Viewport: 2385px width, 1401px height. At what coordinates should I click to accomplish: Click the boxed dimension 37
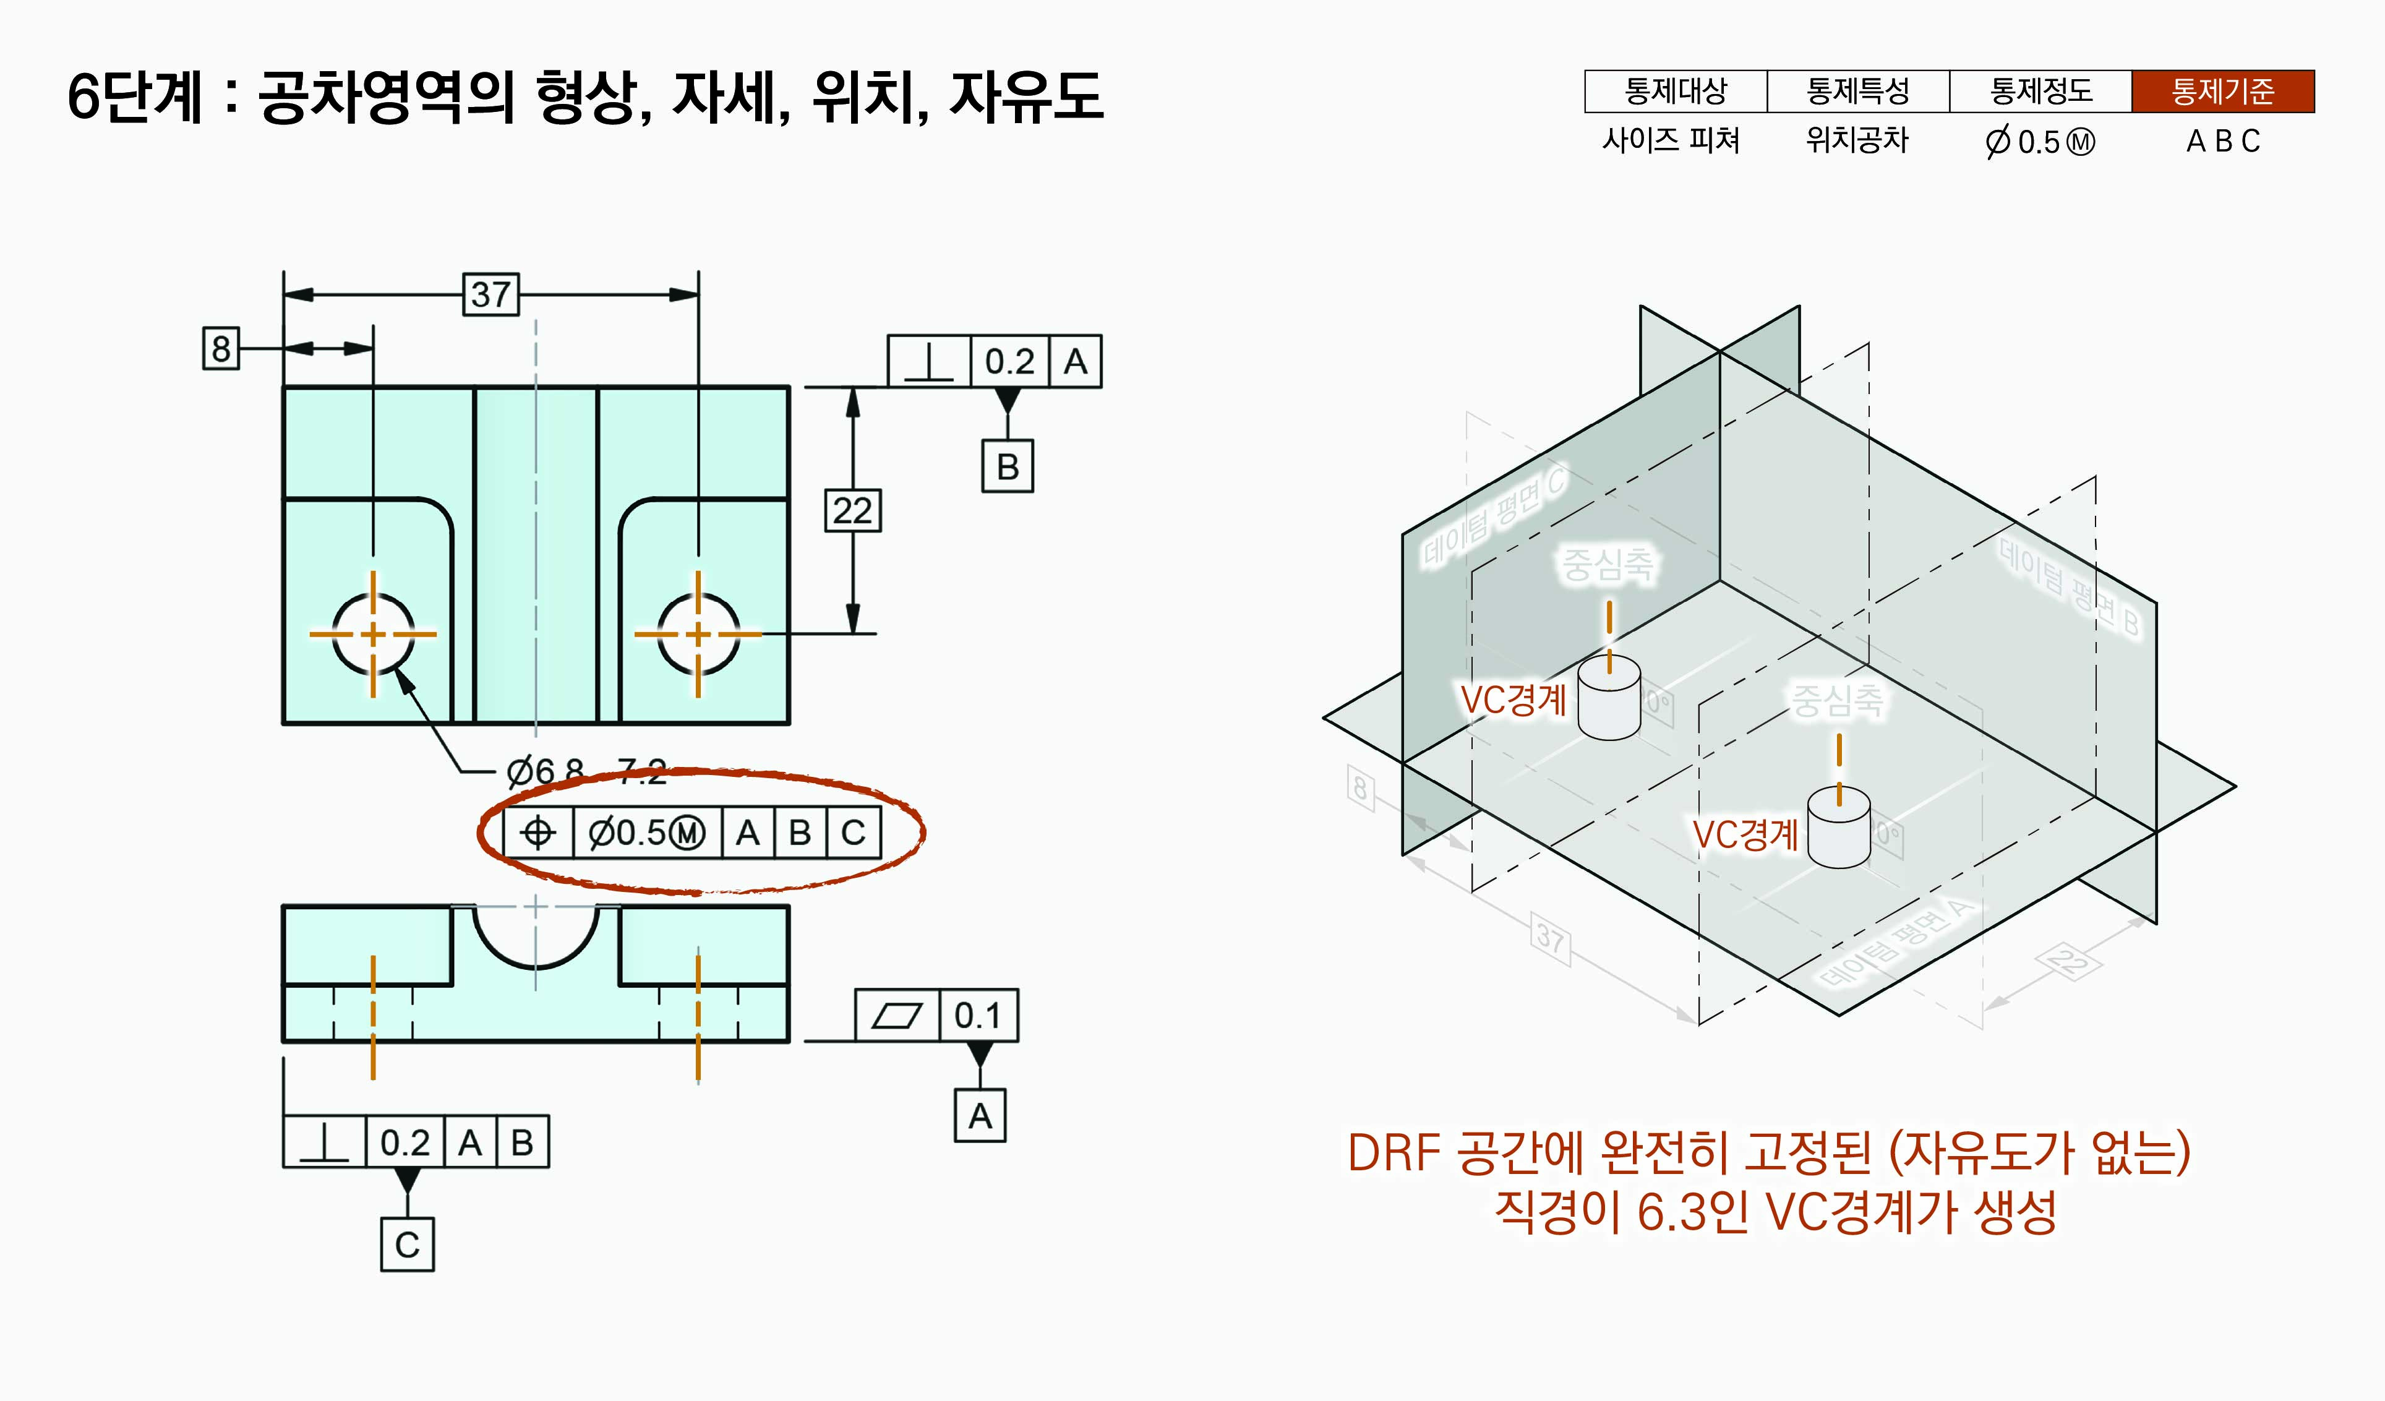(x=490, y=294)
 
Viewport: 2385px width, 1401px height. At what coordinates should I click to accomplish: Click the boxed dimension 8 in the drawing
(x=221, y=348)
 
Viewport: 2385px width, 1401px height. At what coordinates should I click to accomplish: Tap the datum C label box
(x=407, y=1244)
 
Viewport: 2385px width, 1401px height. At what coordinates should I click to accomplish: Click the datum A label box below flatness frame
(x=980, y=1116)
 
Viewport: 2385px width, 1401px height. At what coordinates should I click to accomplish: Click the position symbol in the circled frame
(x=537, y=833)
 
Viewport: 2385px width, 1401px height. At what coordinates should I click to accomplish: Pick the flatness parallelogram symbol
(x=896, y=1016)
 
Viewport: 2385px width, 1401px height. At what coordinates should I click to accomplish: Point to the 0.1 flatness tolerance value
(x=978, y=1016)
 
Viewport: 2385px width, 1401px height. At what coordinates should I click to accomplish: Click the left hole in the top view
(x=373, y=633)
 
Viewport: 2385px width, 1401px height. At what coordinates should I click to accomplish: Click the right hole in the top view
(x=698, y=633)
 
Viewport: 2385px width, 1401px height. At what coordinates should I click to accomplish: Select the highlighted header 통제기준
(x=2222, y=92)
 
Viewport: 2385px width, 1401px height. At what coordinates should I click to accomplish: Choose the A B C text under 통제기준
(x=2222, y=141)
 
